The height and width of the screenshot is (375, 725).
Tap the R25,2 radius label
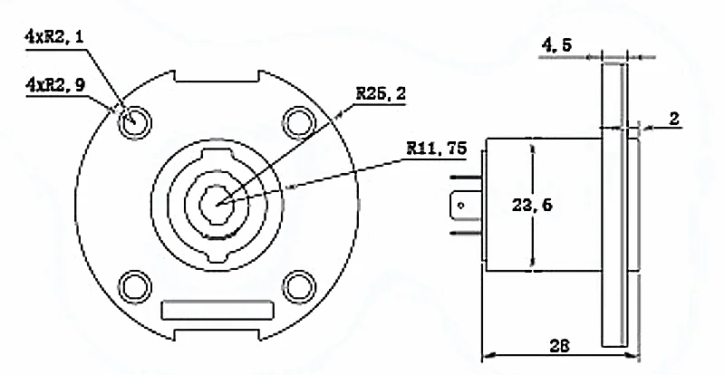click(x=380, y=92)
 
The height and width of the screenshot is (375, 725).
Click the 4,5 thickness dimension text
click(x=557, y=43)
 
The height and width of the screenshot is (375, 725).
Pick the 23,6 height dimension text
click(x=532, y=206)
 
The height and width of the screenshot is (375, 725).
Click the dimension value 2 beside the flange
click(x=674, y=119)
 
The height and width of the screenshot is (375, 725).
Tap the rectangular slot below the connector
click(x=217, y=309)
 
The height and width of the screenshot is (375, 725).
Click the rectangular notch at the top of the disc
click(x=217, y=76)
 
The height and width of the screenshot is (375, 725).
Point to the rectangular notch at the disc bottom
click(x=217, y=335)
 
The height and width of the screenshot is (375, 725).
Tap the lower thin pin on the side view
click(x=467, y=233)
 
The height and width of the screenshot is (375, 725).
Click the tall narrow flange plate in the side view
click(x=614, y=204)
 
